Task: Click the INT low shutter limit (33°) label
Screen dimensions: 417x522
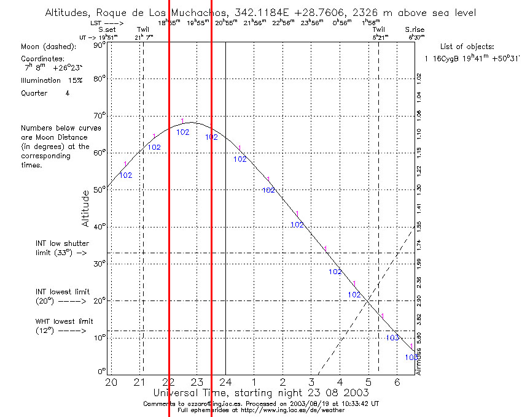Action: [x=61, y=248]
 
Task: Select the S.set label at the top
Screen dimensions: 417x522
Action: [x=107, y=29]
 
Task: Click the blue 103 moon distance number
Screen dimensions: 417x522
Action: [x=392, y=338]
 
